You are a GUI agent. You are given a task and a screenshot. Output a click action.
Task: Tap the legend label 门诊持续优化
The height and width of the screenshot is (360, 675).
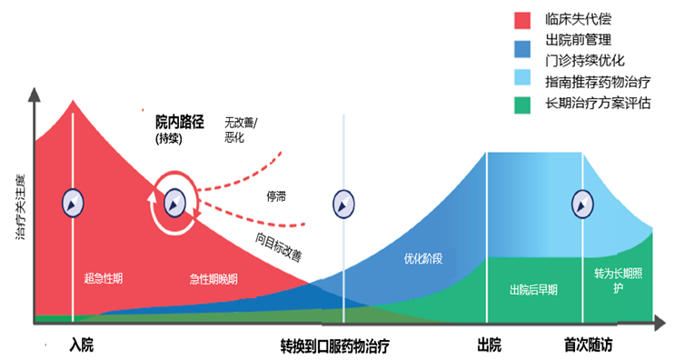584,61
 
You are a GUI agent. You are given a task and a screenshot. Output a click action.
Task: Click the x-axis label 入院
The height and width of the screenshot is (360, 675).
81,346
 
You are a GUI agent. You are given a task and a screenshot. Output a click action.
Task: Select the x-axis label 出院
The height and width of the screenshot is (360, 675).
489,346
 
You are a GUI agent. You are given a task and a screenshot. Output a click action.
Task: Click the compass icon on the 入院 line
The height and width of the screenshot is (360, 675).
73,203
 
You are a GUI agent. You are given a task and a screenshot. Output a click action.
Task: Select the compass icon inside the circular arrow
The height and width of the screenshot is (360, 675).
174,203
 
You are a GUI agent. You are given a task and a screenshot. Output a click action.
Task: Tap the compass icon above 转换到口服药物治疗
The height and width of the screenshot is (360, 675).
343,203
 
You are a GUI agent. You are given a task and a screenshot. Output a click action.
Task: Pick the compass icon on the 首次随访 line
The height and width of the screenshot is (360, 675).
581,203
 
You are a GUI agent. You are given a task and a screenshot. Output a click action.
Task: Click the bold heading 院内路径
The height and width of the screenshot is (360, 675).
180,120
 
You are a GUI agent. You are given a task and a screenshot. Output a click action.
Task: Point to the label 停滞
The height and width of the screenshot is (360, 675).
278,196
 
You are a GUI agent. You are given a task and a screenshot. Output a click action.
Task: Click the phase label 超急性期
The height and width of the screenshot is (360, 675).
103,277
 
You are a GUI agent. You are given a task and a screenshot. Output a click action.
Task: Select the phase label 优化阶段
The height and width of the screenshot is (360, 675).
422,258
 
